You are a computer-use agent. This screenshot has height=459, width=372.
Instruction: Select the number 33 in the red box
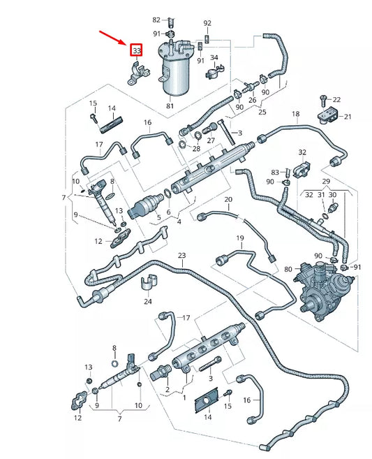[x=137, y=51]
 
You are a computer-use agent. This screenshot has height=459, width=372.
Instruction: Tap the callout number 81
[x=170, y=106]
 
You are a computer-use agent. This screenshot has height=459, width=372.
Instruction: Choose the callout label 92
[x=207, y=23]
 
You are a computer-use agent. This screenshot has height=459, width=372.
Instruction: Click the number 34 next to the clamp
[x=214, y=57]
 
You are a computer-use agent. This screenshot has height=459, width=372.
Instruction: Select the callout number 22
[x=336, y=99]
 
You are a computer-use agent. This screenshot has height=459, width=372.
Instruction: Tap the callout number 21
[x=347, y=117]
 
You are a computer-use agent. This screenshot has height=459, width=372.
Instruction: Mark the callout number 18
[x=295, y=114]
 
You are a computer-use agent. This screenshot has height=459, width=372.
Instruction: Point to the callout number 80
[x=288, y=270]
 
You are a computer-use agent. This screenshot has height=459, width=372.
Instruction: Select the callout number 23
[x=181, y=256]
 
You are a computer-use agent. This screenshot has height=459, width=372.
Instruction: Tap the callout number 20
[x=228, y=201]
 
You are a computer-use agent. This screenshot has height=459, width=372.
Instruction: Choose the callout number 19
[x=239, y=239]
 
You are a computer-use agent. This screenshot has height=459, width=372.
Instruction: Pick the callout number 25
[x=262, y=112]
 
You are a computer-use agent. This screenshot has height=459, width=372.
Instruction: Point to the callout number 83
[x=275, y=172]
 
